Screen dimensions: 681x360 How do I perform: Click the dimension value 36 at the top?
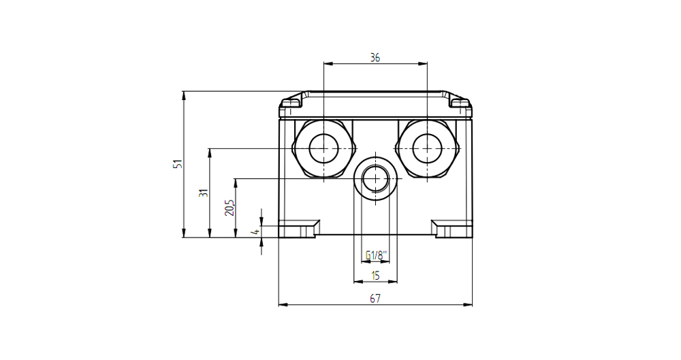[375, 57]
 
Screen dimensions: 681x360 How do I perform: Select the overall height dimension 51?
[178, 164]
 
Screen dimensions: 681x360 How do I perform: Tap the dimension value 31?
[204, 193]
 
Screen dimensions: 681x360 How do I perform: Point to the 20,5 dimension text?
[229, 208]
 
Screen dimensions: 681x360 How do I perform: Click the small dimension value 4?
[256, 232]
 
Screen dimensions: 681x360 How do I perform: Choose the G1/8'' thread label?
[376, 255]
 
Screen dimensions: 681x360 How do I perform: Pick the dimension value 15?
[376, 276]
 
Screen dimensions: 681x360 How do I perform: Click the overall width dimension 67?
[375, 298]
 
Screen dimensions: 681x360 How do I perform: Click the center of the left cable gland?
[323, 148]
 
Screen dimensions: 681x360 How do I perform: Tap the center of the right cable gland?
[428, 148]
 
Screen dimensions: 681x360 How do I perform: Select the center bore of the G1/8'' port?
[376, 178]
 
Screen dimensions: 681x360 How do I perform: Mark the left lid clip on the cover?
[291, 103]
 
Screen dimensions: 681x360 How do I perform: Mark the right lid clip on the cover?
[460, 103]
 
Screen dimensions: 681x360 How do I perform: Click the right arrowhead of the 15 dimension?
[393, 282]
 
